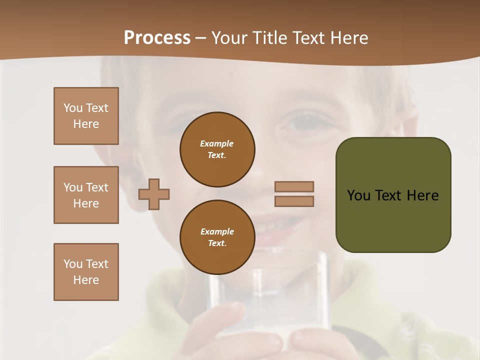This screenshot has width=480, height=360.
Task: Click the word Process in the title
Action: [x=157, y=38]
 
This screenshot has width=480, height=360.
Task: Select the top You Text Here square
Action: [x=86, y=116]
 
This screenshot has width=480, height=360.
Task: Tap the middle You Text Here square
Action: [x=86, y=195]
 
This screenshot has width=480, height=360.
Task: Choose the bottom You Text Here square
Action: [x=86, y=272]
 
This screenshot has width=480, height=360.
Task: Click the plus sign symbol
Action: [x=154, y=194]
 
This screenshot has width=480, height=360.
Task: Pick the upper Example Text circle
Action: [x=217, y=149]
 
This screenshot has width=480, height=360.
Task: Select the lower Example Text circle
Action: [x=217, y=237]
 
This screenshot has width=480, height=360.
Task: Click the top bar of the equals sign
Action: [x=294, y=186]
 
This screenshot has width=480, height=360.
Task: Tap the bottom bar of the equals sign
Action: [x=294, y=201]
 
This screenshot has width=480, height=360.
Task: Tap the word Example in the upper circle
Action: [x=217, y=143]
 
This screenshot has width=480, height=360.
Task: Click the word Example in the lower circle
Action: [x=217, y=231]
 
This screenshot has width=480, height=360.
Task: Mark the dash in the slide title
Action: [x=201, y=38]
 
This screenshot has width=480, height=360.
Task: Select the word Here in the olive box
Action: [x=422, y=195]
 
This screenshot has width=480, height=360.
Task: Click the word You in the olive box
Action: [x=359, y=195]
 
